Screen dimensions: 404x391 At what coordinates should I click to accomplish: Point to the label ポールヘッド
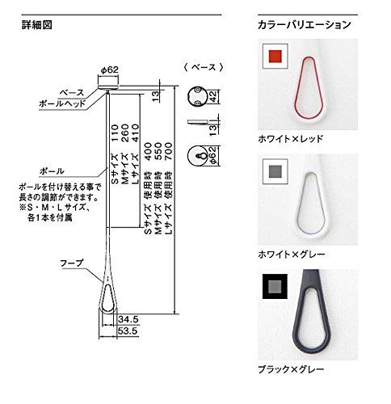coord(59,103)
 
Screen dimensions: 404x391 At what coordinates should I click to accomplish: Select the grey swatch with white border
coord(275,171)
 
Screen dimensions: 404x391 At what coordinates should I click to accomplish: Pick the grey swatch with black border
coord(275,286)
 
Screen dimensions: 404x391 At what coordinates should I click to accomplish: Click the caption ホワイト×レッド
coord(290,138)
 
